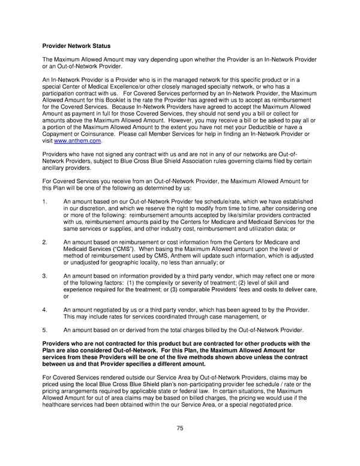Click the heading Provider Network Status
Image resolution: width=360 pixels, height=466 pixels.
coord(76,46)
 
